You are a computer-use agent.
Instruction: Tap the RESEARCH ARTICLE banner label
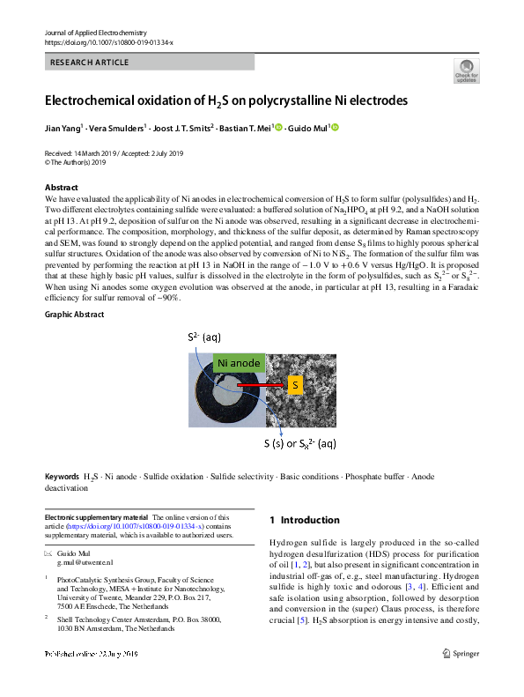coord(91,63)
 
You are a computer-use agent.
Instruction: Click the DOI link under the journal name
coord(108,42)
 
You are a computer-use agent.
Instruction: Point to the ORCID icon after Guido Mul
coord(335,127)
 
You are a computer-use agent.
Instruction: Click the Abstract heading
coord(61,188)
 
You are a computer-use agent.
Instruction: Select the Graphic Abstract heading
coord(76,315)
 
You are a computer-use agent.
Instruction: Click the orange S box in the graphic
coord(296,385)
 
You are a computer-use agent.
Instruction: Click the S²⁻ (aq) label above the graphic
coord(205,337)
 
